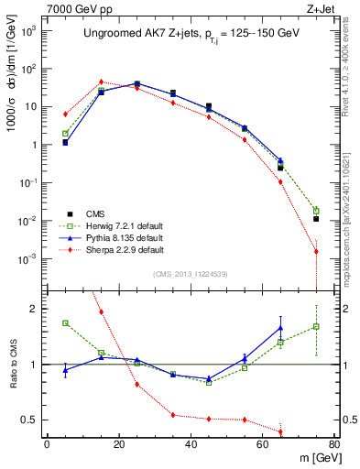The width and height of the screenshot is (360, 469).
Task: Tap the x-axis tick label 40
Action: (191, 444)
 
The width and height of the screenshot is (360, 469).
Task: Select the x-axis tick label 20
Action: (118, 444)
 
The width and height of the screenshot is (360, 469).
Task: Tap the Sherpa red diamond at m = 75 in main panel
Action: (316, 251)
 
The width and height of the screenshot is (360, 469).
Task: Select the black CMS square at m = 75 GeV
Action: (316, 219)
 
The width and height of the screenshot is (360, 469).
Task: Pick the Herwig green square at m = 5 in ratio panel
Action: (65, 322)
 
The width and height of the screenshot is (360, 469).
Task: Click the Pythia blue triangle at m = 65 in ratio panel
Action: (280, 328)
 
